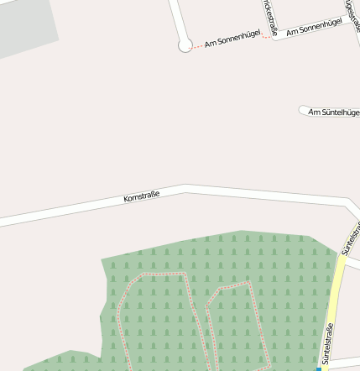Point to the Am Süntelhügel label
point(334,112)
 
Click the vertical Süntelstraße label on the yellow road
point(328,344)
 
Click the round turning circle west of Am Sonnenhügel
point(185,45)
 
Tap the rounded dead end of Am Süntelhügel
point(304,110)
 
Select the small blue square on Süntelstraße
point(319,368)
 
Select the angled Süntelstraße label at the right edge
point(352,238)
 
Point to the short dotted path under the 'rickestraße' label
point(266,37)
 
